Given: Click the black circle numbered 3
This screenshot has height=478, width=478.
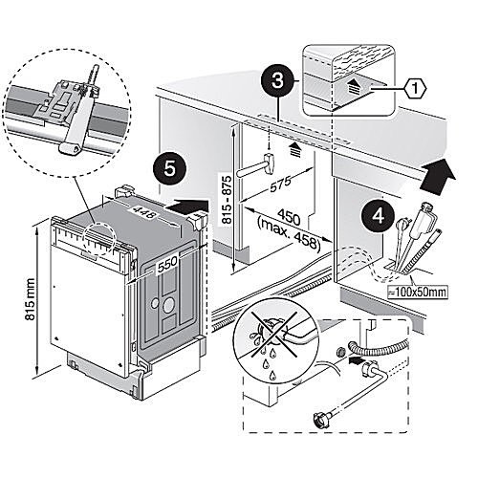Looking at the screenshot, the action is point(277,80).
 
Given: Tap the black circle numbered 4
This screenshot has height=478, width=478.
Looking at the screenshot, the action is point(378,217).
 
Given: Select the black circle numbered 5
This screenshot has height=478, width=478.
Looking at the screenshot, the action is point(169,168).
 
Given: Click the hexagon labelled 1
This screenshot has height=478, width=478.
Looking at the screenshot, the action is point(415,88).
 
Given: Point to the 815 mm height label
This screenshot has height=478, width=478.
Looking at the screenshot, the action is point(31,299).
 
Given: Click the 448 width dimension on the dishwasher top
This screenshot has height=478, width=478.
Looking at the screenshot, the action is point(145,212).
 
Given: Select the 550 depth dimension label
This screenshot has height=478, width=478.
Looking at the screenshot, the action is point(167,263).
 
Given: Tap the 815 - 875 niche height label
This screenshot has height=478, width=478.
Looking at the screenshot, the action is point(227,200).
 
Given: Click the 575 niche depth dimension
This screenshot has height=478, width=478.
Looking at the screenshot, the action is point(280,184).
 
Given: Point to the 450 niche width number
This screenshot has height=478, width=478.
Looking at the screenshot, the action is point(289,217).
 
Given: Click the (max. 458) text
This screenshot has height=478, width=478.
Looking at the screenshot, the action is point(288,234).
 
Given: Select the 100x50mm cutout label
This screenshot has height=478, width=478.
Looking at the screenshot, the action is point(418,292).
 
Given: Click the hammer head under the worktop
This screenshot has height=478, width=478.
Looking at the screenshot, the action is point(270,163).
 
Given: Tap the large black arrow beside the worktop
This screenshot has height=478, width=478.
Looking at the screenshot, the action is point(438,176).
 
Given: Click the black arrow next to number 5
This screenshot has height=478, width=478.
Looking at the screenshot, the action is point(188,207).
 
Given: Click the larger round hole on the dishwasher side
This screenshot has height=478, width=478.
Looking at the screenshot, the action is point(168,306).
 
